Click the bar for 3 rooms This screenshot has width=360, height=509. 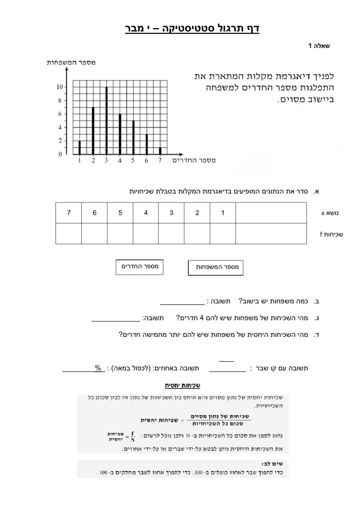click(x=107, y=121)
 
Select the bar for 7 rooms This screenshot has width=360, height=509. click(x=160, y=151)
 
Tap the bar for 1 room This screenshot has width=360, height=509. click(x=80, y=147)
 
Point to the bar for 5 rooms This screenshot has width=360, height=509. click(x=133, y=137)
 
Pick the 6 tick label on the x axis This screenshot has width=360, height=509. click(x=147, y=161)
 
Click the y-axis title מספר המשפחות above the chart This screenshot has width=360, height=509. click(x=71, y=62)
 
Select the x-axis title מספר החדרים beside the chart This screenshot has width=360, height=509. click(x=194, y=160)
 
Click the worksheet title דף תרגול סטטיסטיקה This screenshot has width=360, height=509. click(x=192, y=28)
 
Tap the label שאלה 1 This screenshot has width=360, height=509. click(x=319, y=46)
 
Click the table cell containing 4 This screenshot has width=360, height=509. click(x=146, y=213)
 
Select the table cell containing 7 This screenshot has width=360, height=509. click(x=69, y=213)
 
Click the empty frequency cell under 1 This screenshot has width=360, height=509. click(x=223, y=234)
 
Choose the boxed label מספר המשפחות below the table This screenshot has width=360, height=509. click(x=216, y=267)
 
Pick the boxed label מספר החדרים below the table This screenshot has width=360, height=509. click(x=139, y=267)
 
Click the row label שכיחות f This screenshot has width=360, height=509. click(x=331, y=235)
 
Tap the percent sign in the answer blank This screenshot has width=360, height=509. click(x=98, y=368)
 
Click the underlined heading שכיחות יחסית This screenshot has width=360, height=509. click(x=183, y=385)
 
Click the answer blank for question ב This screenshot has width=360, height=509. click(x=182, y=301)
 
